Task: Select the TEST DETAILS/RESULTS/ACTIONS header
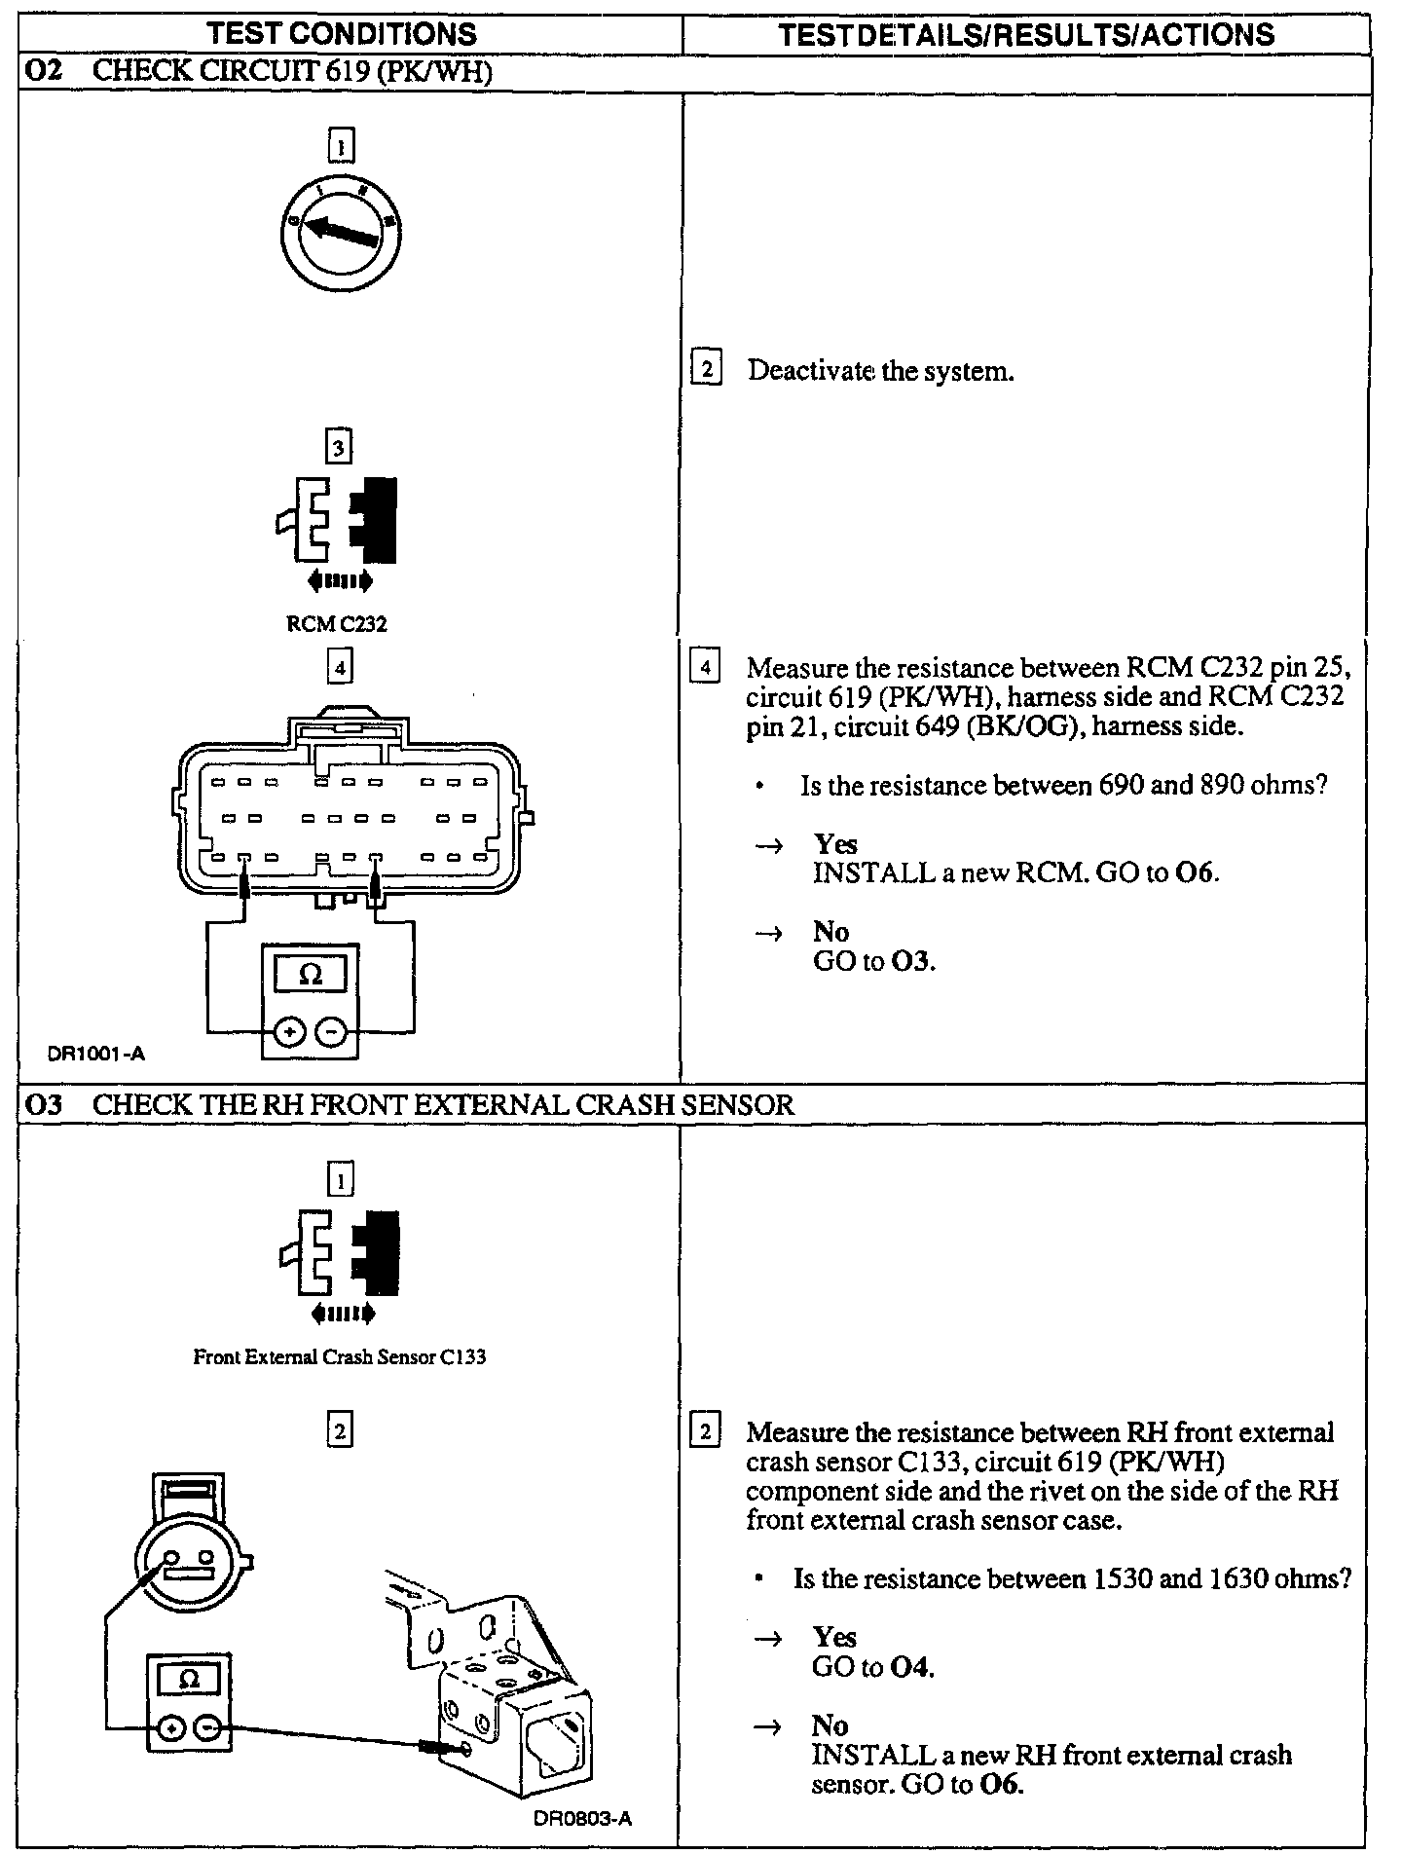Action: [x=1027, y=35]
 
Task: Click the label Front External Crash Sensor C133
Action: [x=340, y=1356]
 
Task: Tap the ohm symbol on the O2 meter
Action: [x=311, y=974]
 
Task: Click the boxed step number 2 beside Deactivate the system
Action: [x=706, y=371]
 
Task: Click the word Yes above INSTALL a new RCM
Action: [x=835, y=844]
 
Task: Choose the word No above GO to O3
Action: [x=830, y=932]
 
